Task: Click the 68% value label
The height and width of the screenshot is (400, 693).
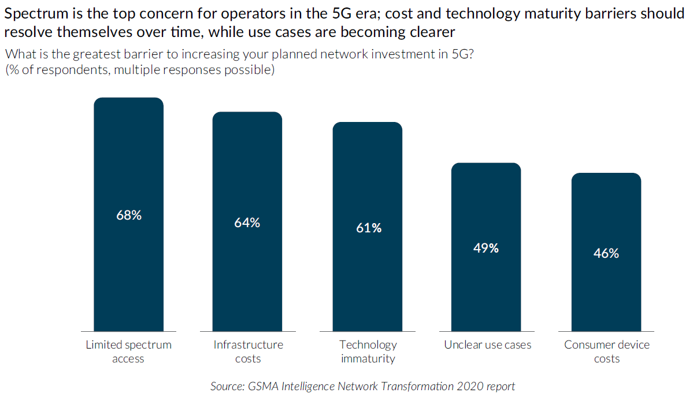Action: pos(129,215)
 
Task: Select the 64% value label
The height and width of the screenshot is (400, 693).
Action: pos(247,223)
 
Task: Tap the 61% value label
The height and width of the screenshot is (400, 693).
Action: pos(369,228)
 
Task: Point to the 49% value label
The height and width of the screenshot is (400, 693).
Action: pos(486,248)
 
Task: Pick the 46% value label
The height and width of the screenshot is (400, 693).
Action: pos(606,253)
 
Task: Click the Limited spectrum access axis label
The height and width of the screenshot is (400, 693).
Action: pos(129,351)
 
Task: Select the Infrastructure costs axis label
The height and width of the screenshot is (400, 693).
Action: pos(249,351)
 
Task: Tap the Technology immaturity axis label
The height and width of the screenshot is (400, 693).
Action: pos(368,351)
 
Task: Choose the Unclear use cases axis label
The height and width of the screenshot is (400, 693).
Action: pos(488,345)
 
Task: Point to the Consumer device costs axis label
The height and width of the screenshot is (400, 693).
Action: pos(607,351)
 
